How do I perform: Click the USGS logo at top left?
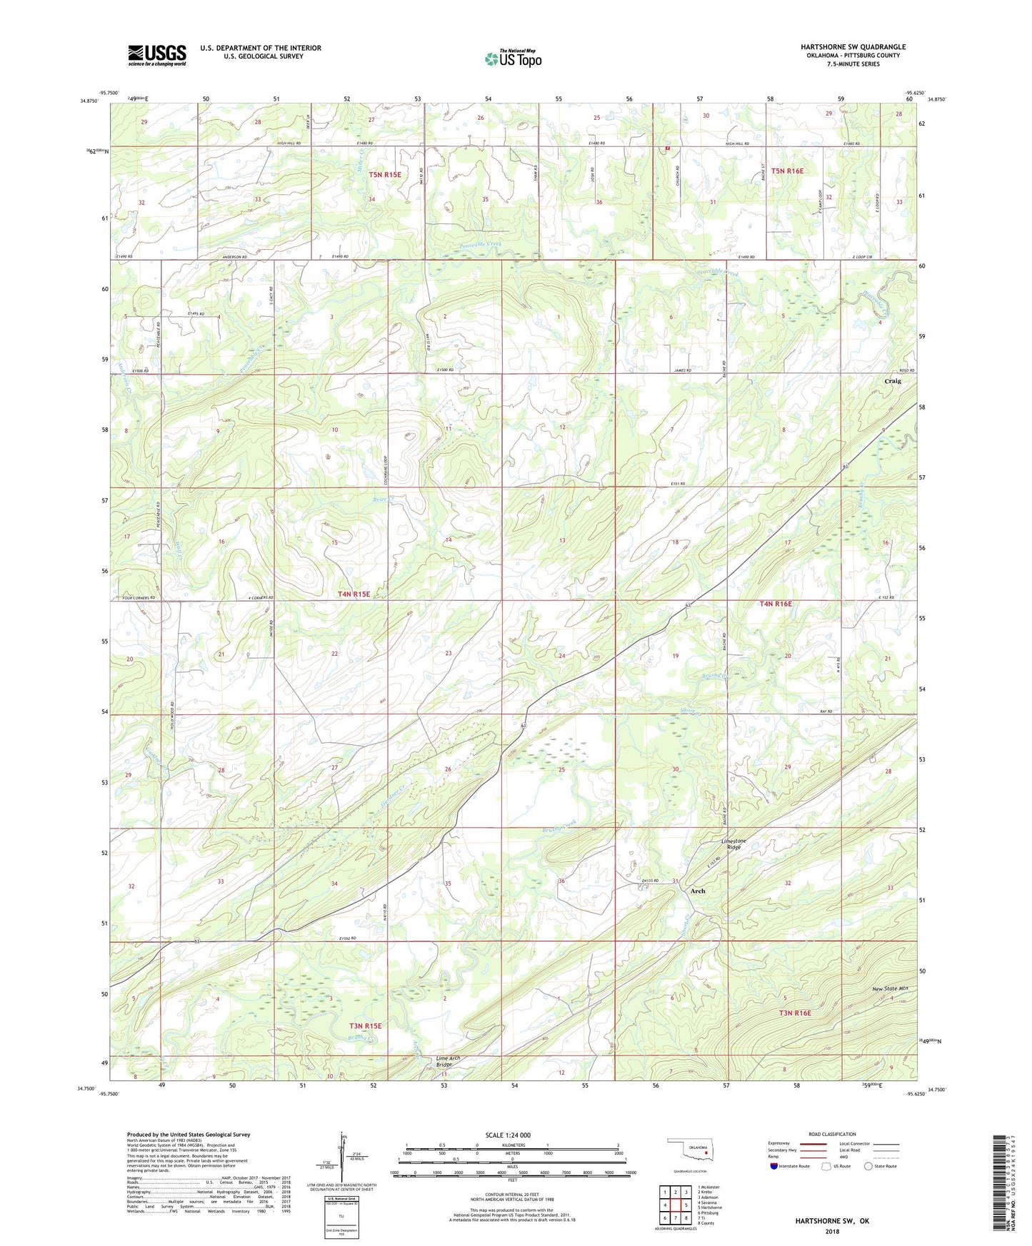[x=157, y=54]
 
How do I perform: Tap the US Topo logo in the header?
[x=514, y=59]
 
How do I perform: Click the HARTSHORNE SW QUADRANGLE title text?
[x=853, y=47]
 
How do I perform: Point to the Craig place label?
[x=893, y=381]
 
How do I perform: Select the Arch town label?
[x=698, y=891]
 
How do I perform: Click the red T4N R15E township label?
[x=354, y=594]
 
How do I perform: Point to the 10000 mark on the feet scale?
[x=631, y=1173]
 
